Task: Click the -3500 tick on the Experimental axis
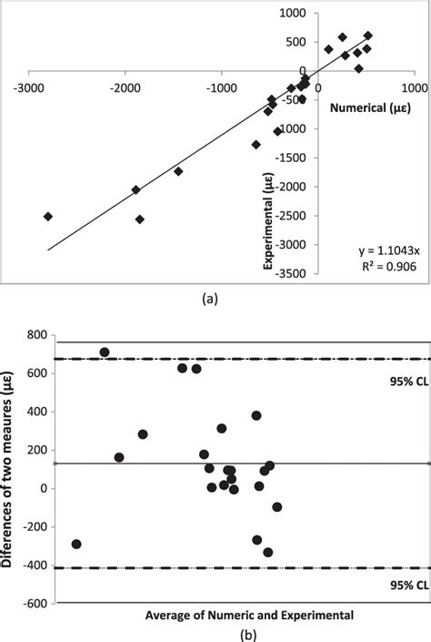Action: (291, 273)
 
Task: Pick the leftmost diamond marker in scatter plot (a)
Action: (48, 216)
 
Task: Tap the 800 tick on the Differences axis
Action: (37, 336)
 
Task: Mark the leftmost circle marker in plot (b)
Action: (76, 544)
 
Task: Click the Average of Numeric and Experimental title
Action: (237, 616)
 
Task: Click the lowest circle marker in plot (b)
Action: (268, 552)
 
